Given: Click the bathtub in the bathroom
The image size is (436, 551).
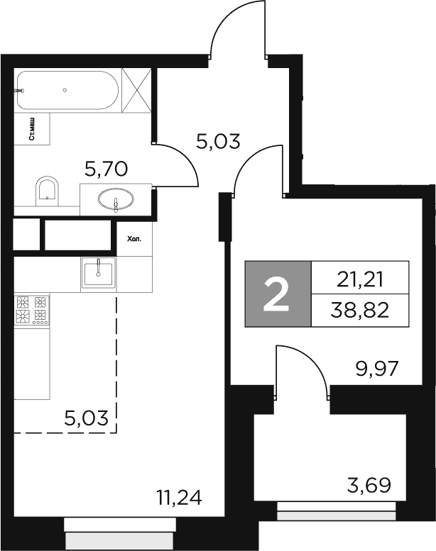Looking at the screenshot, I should point(67,89).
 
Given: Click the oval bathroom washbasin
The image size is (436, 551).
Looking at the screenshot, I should point(116,199).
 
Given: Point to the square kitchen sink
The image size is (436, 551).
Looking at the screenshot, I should point(99,272).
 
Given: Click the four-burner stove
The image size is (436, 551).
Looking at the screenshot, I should point(31,310).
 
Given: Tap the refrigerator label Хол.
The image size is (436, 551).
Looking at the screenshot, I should point(133,240).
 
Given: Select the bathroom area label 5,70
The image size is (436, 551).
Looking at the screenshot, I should point(106,169).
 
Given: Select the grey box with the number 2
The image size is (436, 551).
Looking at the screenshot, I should point(277,294).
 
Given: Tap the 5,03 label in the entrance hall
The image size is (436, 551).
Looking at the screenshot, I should point(218,141).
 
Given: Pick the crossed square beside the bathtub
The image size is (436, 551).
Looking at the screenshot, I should point(136,89).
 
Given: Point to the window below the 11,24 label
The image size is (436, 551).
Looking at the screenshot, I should point(119,530).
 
